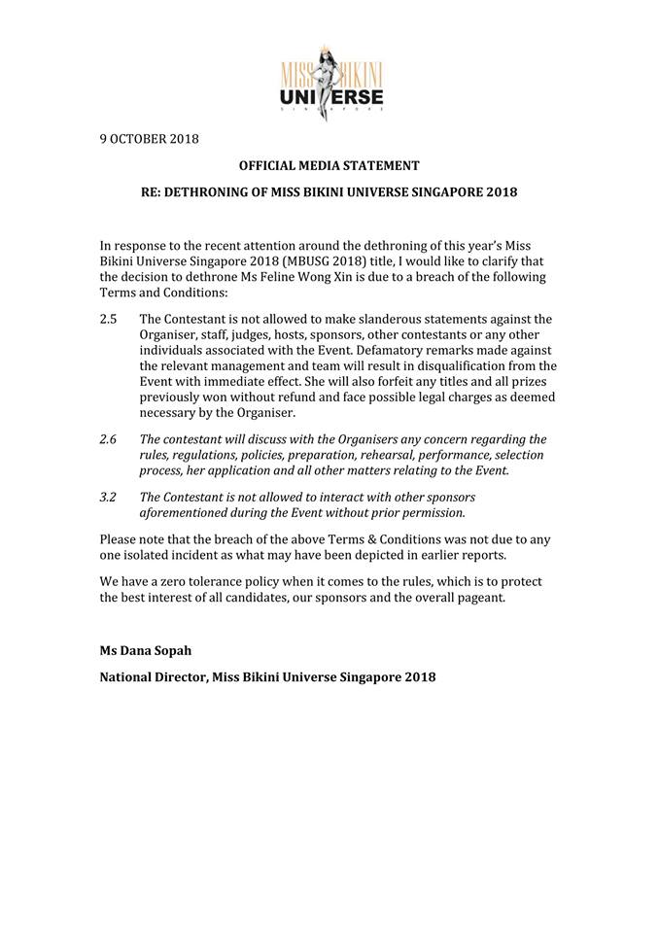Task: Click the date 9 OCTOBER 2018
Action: point(149,138)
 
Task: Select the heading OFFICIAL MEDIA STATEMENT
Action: point(329,165)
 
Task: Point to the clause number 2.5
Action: point(109,319)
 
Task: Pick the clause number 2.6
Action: point(109,439)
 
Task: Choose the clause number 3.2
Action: point(109,497)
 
